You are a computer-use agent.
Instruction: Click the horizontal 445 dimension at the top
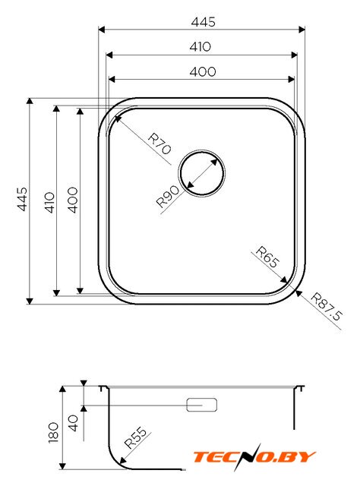(x=203, y=22)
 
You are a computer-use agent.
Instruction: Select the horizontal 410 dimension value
(x=201, y=46)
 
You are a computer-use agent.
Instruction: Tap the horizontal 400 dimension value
(x=203, y=71)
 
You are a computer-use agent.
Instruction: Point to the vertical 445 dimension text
(x=22, y=199)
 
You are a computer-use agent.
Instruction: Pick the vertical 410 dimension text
(x=49, y=203)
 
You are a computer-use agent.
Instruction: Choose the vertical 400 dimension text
(x=73, y=200)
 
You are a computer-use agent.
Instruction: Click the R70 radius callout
(x=159, y=144)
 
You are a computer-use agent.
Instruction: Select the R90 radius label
(x=167, y=196)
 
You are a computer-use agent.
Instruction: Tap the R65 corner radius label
(x=267, y=257)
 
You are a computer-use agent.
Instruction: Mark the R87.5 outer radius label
(x=327, y=306)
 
